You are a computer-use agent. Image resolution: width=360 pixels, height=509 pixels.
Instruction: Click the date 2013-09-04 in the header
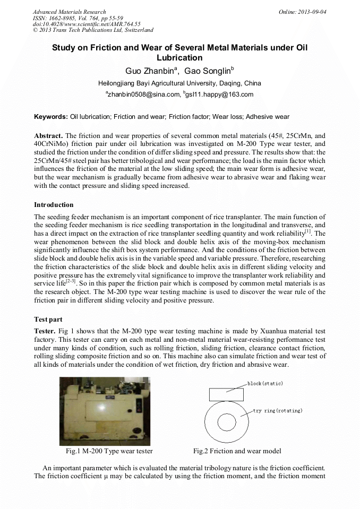[x=312, y=12]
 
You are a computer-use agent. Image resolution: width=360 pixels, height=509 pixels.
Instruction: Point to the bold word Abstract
[x=48, y=136]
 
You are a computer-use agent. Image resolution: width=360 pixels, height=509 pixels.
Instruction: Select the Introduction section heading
[x=54, y=205]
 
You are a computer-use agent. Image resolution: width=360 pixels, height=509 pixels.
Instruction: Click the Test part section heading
[x=48, y=320]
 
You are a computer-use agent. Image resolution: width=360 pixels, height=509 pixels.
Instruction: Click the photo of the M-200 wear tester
[x=105, y=411]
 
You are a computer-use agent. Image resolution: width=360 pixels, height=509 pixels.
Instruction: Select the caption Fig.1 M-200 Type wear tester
[x=109, y=451]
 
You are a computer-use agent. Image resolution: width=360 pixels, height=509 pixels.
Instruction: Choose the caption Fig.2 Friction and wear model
[x=237, y=451]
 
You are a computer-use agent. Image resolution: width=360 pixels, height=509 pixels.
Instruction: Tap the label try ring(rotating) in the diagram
[x=277, y=411]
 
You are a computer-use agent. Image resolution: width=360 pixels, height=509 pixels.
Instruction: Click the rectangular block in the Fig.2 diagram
[x=227, y=394]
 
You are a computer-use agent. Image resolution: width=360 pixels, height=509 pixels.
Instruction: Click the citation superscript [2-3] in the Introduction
[x=70, y=282]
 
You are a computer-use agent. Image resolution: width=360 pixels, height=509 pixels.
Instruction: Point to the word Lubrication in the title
[x=179, y=58]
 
